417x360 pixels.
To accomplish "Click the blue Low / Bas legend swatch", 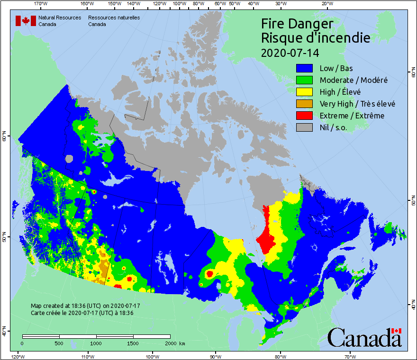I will (305, 68).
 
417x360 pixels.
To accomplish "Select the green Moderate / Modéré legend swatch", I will (305, 80).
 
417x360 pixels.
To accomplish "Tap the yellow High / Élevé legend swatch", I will (305, 92).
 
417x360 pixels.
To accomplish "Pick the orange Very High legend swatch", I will (305, 104).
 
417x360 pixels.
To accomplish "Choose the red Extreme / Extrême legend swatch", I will (305, 116).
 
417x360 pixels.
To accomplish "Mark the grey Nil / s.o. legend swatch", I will (305, 127).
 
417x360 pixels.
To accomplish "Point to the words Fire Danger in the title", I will (297, 24).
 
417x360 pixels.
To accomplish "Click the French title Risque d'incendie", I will (315, 38).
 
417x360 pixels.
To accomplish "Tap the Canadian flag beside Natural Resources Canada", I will (26, 21).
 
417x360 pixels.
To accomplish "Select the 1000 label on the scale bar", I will (96, 343).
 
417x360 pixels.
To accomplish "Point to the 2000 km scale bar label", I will (175, 343).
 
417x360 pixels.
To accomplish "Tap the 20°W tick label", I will (326, 4).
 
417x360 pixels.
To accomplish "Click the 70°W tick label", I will (350, 356).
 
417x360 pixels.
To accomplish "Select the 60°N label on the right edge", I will (412, 74).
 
